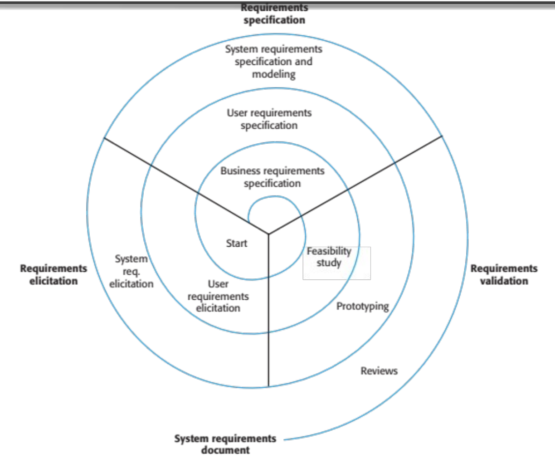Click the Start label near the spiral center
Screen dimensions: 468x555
pyautogui.click(x=237, y=244)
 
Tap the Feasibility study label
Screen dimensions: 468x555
pyautogui.click(x=329, y=257)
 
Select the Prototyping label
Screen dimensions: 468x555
pyautogui.click(x=362, y=307)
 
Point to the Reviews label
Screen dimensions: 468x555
pyautogui.click(x=379, y=371)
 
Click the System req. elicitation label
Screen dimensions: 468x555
pyautogui.click(x=131, y=271)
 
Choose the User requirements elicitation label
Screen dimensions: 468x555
pyautogui.click(x=218, y=296)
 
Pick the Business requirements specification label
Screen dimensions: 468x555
pyautogui.click(x=272, y=177)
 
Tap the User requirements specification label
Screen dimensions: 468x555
pyautogui.click(x=269, y=119)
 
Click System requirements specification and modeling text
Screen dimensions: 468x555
pyautogui.click(x=273, y=62)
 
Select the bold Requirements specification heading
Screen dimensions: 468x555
pyautogui.click(x=274, y=14)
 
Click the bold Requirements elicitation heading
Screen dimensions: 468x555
pyautogui.click(x=54, y=275)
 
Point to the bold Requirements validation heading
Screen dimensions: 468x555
pyautogui.click(x=504, y=275)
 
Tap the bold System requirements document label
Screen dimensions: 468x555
pyautogui.click(x=225, y=444)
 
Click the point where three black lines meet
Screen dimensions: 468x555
pyautogui.click(x=268, y=234)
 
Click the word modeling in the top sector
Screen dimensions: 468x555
pyautogui.click(x=274, y=74)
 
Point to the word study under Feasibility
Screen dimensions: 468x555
pyautogui.click(x=329, y=263)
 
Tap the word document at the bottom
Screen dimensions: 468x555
pyautogui.click(x=225, y=450)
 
